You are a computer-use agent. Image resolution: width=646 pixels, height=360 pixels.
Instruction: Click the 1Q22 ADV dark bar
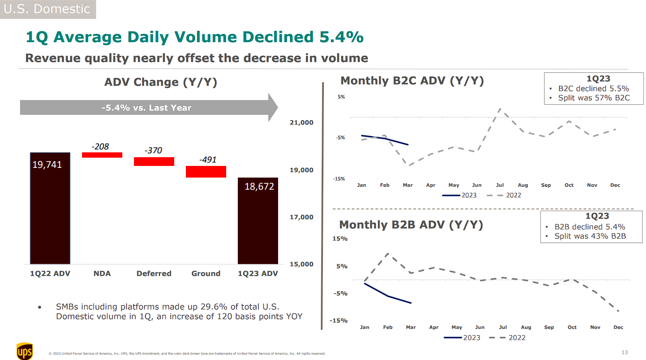pyautogui.click(x=50, y=208)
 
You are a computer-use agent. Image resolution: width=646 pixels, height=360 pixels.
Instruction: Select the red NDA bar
pyautogui.click(x=102, y=155)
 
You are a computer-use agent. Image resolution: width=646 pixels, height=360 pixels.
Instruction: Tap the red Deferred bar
pyautogui.click(x=154, y=162)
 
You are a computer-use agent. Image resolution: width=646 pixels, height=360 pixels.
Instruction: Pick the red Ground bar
pyautogui.click(x=206, y=172)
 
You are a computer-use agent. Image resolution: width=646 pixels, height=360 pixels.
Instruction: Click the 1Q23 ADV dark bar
pyautogui.click(x=258, y=221)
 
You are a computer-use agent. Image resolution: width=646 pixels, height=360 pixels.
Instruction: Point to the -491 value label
pyautogui.click(x=208, y=160)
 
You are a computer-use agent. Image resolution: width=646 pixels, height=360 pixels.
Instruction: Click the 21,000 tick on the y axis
pyautogui.click(x=301, y=122)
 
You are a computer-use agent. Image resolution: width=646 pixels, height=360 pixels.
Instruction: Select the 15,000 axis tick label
pyautogui.click(x=301, y=264)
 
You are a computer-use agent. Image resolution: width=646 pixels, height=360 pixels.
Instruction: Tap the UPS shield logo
pyautogui.click(x=25, y=351)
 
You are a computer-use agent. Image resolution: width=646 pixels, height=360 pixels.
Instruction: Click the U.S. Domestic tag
pyautogui.click(x=47, y=9)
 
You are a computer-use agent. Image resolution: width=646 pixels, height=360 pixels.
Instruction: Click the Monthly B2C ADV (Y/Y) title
pyautogui.click(x=412, y=81)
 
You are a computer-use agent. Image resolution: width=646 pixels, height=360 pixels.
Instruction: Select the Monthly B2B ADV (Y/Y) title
pyautogui.click(x=411, y=225)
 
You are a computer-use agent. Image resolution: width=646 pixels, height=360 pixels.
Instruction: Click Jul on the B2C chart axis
pyautogui.click(x=500, y=185)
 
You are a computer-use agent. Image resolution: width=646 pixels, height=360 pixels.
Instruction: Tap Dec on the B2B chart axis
pyautogui.click(x=618, y=327)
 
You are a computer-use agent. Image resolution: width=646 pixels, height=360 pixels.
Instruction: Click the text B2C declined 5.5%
pyautogui.click(x=593, y=89)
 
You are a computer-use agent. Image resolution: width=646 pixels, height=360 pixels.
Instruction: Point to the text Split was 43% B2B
pyautogui.click(x=590, y=236)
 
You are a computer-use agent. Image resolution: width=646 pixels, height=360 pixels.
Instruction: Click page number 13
pyautogui.click(x=625, y=352)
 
